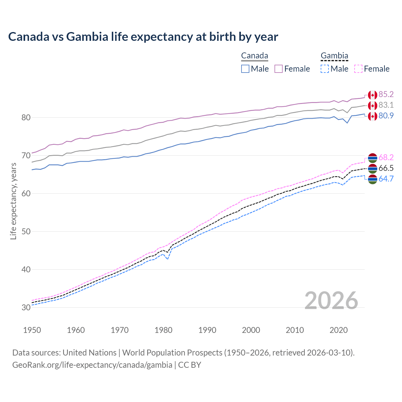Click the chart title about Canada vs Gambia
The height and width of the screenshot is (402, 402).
point(143,37)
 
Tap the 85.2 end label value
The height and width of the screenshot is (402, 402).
point(386,95)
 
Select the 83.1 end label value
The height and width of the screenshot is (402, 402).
point(386,105)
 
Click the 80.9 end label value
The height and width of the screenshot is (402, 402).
point(386,116)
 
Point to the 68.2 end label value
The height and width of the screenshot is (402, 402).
point(386,157)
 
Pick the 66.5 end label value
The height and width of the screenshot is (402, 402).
point(386,168)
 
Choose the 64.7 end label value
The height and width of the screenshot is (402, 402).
point(386,179)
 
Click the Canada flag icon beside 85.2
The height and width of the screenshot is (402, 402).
point(372,95)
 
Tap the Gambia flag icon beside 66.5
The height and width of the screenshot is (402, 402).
point(372,168)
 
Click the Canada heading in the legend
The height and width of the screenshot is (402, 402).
point(254,56)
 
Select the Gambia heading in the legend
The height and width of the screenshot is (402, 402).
point(334,56)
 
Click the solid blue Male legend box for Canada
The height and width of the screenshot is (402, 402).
point(245,69)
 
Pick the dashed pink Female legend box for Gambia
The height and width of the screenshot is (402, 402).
point(358,69)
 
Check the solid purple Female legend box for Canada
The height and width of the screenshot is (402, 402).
point(279,69)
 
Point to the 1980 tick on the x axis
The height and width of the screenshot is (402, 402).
point(163,330)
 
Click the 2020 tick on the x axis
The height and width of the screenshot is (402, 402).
point(339,330)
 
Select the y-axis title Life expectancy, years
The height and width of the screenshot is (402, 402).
point(14,201)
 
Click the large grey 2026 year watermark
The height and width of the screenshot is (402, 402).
point(331,301)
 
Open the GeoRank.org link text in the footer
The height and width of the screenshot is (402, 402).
point(92,365)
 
